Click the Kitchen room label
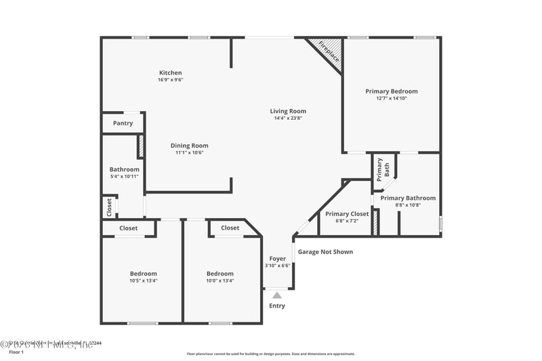pos(170,72)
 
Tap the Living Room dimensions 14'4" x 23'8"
pos(288,119)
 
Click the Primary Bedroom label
pos(391,91)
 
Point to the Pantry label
pos(123,123)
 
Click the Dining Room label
pos(189,145)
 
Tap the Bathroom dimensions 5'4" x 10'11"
pos(124,176)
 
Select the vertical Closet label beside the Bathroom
pos(109,207)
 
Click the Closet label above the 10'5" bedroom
pos(128,228)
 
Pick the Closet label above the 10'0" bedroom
pos(230,228)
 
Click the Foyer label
pos(278,258)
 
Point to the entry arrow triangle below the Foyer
pos(276,295)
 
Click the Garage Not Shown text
pos(325,252)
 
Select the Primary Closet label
pos(347,213)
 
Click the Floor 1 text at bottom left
pos(16,352)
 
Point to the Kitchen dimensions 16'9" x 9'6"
pos(170,80)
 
